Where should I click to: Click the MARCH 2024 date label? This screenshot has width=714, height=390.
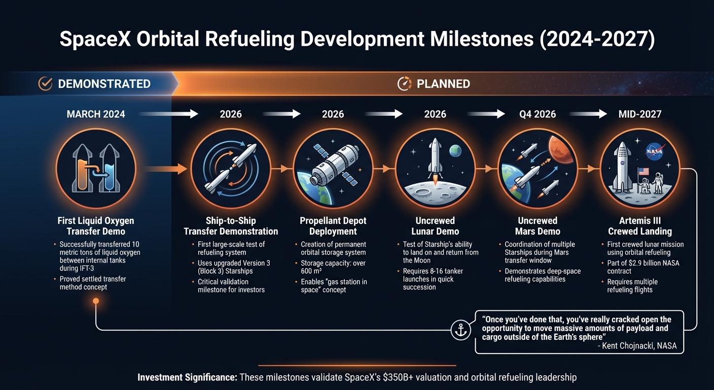[96, 114]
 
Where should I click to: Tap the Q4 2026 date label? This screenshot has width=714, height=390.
[537, 114]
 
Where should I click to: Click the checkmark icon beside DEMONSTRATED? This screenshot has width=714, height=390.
[46, 84]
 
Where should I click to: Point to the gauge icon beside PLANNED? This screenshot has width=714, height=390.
[404, 84]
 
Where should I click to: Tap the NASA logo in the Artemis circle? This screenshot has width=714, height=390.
[653, 150]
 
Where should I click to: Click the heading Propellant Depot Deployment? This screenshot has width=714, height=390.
[333, 226]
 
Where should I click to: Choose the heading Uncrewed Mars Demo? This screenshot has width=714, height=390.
[537, 226]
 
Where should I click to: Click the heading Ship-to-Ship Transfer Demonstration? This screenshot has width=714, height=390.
[231, 226]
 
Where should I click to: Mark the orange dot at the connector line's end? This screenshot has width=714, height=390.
[96, 301]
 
